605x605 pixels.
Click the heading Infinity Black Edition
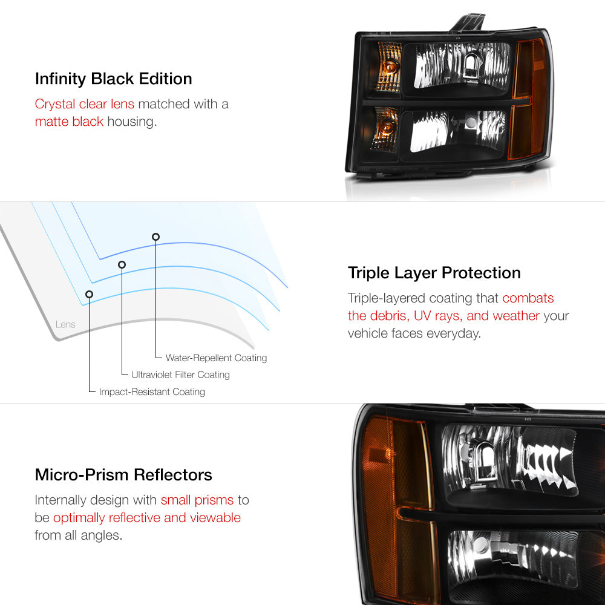pos(114,79)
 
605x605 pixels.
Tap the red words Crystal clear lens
pos(85,104)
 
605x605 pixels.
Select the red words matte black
pos(69,122)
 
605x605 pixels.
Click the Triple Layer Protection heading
pos(434,273)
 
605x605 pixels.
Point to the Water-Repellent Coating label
pos(216,358)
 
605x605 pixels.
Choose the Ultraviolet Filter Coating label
pos(180,374)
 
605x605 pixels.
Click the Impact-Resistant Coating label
pos(152,391)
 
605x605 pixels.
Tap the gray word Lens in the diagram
pos(65,324)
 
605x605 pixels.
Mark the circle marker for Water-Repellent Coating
pos(155,237)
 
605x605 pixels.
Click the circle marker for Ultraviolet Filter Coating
pos(122,264)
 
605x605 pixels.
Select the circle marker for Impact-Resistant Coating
pos(89,295)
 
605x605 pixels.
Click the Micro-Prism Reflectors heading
pos(123,474)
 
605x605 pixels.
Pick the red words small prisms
pos(197,500)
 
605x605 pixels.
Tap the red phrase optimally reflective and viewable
pos(147,518)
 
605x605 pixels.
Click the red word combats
pos(528,298)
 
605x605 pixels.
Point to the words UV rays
pos(438,316)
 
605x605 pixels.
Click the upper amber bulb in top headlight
pos(390,67)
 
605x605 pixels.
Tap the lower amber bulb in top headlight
pos(387,127)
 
